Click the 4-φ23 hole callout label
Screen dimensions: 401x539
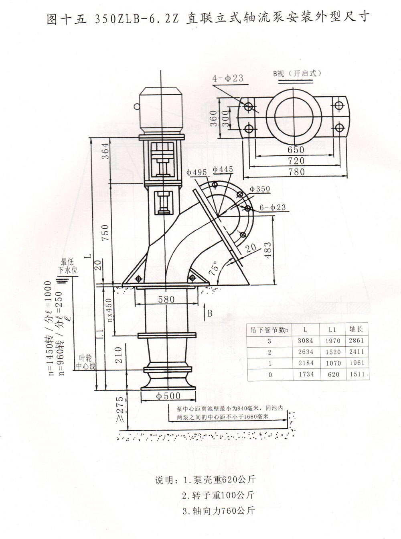coord(228,78)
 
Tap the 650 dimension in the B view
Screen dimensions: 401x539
coord(296,150)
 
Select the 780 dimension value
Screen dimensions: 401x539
coord(296,172)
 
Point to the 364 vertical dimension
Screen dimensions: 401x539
coord(105,151)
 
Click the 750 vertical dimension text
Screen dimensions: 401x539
coord(105,232)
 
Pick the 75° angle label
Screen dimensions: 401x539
coord(214,268)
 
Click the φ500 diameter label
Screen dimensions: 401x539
coord(168,397)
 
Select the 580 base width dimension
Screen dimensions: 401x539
coord(166,299)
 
